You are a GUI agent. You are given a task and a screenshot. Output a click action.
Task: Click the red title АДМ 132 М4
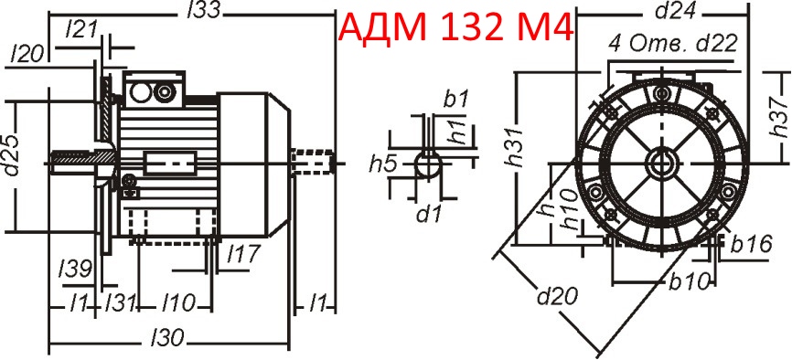pyautogui.click(x=455, y=29)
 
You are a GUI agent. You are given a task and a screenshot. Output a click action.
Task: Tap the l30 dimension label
pyautogui.click(x=168, y=339)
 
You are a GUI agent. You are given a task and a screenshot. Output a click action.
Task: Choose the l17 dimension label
pyautogui.click(x=242, y=251)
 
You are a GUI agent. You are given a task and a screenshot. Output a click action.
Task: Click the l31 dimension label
pyautogui.click(x=121, y=302)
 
